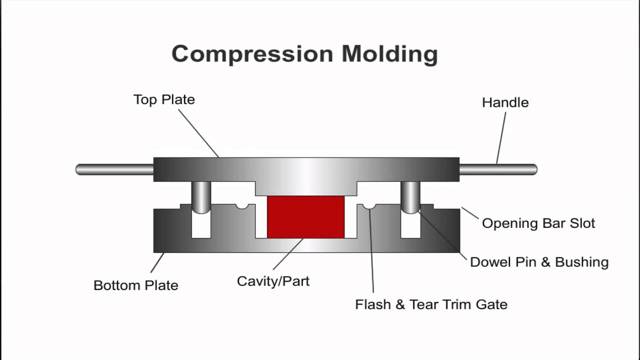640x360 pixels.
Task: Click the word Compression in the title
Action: pyautogui.click(x=252, y=54)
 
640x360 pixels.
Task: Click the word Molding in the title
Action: pyautogui.click(x=389, y=54)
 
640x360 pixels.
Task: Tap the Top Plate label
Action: pyautogui.click(x=164, y=99)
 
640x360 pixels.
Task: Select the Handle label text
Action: pyautogui.click(x=505, y=102)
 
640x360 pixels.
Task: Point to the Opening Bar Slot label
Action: pyautogui.click(x=538, y=223)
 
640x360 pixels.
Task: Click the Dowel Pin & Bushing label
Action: pyautogui.click(x=539, y=262)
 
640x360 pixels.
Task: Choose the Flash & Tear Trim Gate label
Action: pyautogui.click(x=431, y=304)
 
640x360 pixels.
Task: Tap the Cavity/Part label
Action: pyautogui.click(x=273, y=281)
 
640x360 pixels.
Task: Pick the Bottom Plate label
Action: pyautogui.click(x=135, y=285)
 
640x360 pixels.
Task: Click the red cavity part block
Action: pyautogui.click(x=305, y=217)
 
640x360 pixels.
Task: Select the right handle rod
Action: pyautogui.click(x=497, y=169)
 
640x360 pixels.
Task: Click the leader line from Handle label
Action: pyautogui.click(x=501, y=137)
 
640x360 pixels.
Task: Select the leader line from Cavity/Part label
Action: pyautogui.click(x=288, y=254)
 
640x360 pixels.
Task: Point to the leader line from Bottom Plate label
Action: pyautogui.click(x=157, y=262)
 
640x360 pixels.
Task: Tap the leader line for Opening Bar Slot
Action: pyautogui.click(x=470, y=213)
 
